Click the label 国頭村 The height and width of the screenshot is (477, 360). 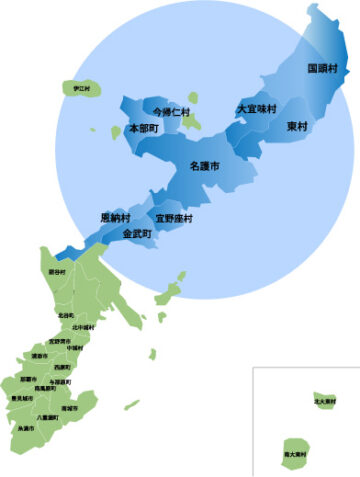click(x=322, y=68)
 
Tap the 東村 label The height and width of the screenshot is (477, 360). click(x=297, y=127)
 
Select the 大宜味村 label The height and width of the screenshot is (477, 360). click(x=257, y=108)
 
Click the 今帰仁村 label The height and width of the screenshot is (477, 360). click(x=171, y=112)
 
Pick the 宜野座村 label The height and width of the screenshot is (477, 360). click(x=173, y=217)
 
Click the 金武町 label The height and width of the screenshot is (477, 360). click(x=136, y=233)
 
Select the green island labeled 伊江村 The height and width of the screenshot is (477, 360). click(x=75, y=89)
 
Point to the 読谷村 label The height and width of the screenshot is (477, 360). click(x=57, y=272)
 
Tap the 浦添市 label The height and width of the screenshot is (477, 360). click(x=39, y=355)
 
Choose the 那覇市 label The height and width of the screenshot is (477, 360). click(x=30, y=379)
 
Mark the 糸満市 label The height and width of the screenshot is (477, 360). click(x=26, y=428)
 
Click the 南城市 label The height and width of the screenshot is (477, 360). click(x=69, y=408)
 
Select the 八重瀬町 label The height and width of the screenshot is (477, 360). click(x=46, y=417)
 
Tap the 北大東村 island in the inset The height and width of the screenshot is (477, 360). click(x=323, y=400)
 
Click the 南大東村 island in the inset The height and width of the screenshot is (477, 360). click(x=295, y=453)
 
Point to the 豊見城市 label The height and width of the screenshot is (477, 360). click(x=20, y=398)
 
